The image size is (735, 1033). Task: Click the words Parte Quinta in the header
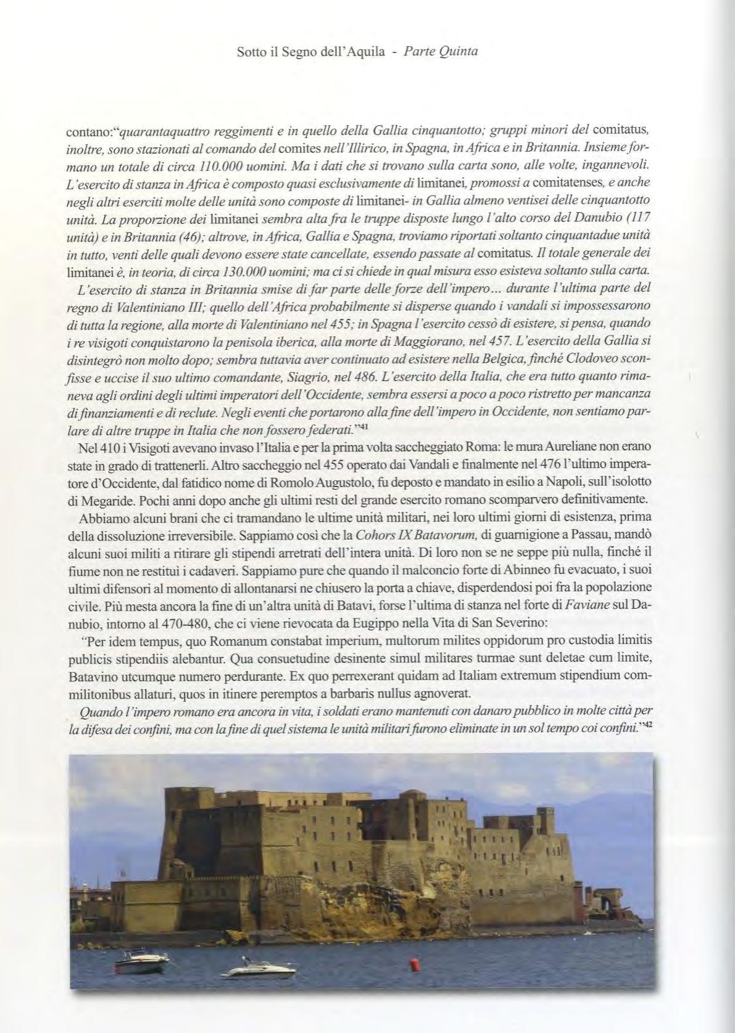[x=441, y=52]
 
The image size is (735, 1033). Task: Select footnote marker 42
[x=647, y=726]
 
